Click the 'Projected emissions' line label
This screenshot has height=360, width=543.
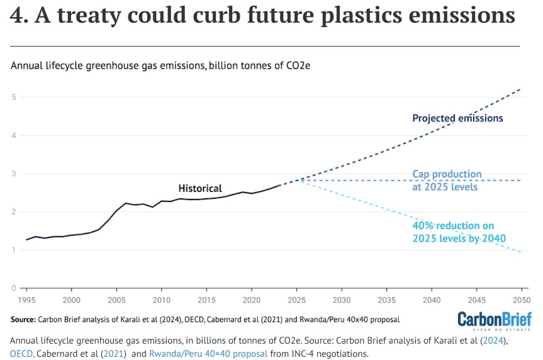click(x=457, y=118)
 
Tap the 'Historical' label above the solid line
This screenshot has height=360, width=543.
click(x=200, y=188)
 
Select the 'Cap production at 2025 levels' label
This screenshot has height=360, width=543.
click(x=447, y=180)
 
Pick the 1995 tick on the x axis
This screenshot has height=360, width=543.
click(x=26, y=299)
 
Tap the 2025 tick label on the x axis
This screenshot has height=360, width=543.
click(x=296, y=299)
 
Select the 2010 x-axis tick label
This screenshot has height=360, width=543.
click(x=162, y=299)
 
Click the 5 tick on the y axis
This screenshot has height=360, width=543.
click(x=13, y=97)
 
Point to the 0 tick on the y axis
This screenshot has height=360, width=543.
click(x=13, y=288)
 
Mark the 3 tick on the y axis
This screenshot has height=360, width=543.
click(x=13, y=174)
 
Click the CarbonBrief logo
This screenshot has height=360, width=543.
click(x=494, y=320)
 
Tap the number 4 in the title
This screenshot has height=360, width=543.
click(x=18, y=16)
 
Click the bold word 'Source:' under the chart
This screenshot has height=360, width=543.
click(x=23, y=320)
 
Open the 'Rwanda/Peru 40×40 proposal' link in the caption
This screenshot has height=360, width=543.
click(x=208, y=354)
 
